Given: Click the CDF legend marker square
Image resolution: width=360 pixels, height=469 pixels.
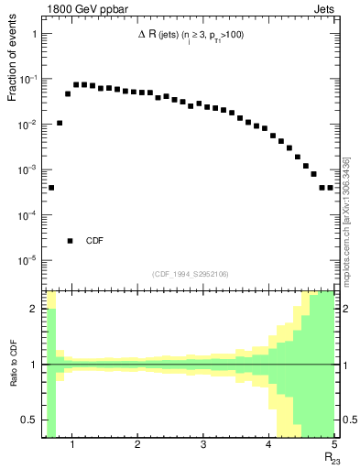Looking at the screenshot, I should point(70,241).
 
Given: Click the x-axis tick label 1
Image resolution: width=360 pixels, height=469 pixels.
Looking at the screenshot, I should point(71,446).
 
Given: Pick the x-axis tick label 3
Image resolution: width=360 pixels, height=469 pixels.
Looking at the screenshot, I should point(203,446).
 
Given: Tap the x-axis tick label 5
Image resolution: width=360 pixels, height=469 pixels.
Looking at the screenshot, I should point(333,446).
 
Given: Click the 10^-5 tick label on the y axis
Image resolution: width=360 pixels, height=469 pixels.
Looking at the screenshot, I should point(27,260).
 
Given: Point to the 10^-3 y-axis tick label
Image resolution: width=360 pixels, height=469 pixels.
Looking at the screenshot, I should point(27,169).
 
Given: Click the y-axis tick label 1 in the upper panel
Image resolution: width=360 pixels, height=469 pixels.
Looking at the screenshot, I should point(34,34).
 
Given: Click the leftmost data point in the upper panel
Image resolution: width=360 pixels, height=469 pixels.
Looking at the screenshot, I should point(51,187).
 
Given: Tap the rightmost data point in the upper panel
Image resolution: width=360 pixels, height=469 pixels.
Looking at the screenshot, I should point(330,187).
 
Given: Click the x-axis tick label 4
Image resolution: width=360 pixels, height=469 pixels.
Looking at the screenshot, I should point(268,446).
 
